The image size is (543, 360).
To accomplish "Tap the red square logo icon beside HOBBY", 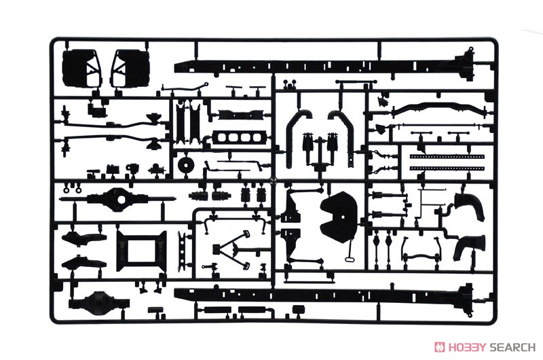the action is pos(440,347).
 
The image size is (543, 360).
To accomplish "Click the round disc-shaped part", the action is pos(186,165).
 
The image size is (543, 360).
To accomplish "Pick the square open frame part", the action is pos(141,251).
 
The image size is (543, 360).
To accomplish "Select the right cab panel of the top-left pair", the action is pos(130,67).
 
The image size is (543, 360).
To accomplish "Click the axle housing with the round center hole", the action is pos(117,199).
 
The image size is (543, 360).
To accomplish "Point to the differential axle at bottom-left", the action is pos(99,301).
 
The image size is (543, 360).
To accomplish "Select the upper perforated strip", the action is pos(447,157).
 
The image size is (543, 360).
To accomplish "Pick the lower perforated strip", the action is pos(447,168).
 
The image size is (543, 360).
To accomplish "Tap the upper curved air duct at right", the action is pos(470,206).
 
